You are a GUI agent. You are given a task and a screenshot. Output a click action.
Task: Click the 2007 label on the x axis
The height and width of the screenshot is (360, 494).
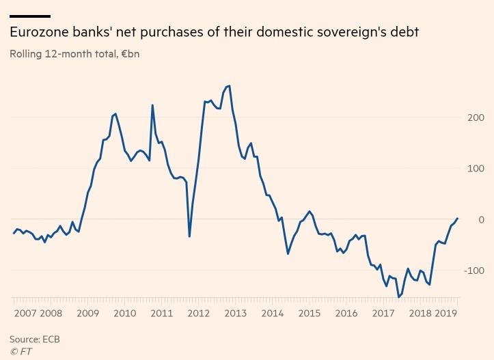(25, 313)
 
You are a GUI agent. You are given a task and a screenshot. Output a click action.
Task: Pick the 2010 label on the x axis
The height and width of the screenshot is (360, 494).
(124, 313)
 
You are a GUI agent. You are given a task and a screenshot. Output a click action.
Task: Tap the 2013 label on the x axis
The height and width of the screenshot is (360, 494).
(235, 313)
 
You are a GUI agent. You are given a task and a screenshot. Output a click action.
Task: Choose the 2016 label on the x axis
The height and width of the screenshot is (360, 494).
(346, 313)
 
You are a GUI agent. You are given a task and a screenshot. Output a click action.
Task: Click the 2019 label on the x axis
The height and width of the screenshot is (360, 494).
(445, 313)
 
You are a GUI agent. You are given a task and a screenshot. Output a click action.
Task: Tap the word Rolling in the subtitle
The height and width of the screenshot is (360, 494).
(25, 53)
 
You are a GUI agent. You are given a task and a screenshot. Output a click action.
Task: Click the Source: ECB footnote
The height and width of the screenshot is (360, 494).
(31, 339)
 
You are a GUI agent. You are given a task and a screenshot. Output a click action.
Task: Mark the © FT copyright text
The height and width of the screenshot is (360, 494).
(20, 351)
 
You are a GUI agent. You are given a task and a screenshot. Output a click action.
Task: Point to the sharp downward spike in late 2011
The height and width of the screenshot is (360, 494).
(189, 236)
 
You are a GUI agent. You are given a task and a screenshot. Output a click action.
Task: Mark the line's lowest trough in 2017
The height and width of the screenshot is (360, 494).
(399, 297)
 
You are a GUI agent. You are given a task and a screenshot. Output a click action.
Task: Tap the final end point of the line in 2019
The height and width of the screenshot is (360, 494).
(458, 218)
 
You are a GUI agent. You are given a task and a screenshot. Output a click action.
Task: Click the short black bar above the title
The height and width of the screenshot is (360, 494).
(29, 16)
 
